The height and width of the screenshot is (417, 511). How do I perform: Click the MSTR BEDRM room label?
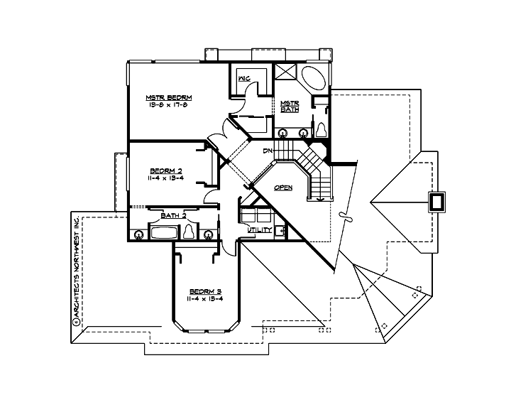[170, 97]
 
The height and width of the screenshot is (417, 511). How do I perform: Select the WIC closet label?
[243, 78]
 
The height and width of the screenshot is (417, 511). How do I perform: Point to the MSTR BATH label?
[289, 106]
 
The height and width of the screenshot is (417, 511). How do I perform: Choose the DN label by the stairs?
[268, 151]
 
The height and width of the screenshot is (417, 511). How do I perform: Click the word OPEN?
[284, 188]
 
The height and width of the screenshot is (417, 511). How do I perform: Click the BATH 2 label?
[173, 215]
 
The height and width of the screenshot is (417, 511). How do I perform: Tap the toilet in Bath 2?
[189, 232]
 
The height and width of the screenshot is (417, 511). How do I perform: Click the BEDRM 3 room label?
[206, 292]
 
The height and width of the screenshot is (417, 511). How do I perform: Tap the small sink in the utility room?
[280, 230]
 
